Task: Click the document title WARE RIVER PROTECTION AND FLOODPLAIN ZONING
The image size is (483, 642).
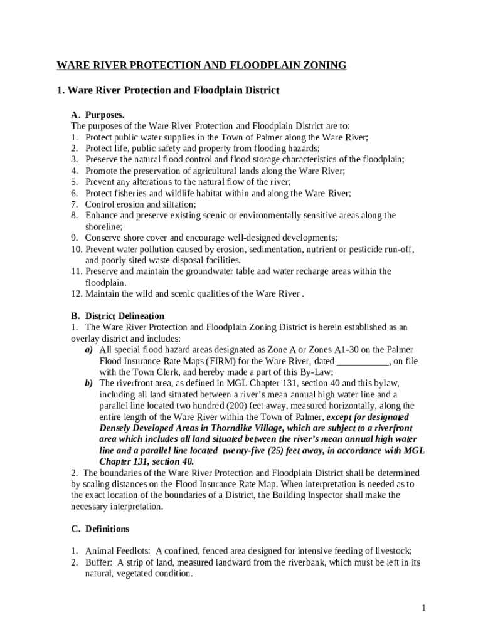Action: coord(201,65)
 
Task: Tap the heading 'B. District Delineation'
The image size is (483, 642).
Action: coord(118,316)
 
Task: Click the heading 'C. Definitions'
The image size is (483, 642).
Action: coord(100,529)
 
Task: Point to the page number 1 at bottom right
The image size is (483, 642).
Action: coord(424,608)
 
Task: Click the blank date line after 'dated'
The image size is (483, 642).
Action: coord(363,361)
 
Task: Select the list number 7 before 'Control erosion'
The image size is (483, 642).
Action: coord(74,204)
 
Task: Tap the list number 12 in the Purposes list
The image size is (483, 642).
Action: coord(77,294)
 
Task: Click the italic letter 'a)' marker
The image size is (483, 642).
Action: coord(89,349)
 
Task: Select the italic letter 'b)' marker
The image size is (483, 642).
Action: coord(89,382)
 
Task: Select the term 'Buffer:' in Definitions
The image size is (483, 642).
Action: coord(98,562)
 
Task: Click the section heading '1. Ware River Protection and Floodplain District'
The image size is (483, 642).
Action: coord(167,91)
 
